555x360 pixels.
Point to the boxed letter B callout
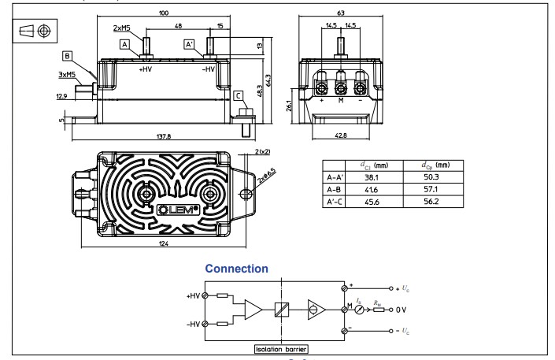pos(68,56)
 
